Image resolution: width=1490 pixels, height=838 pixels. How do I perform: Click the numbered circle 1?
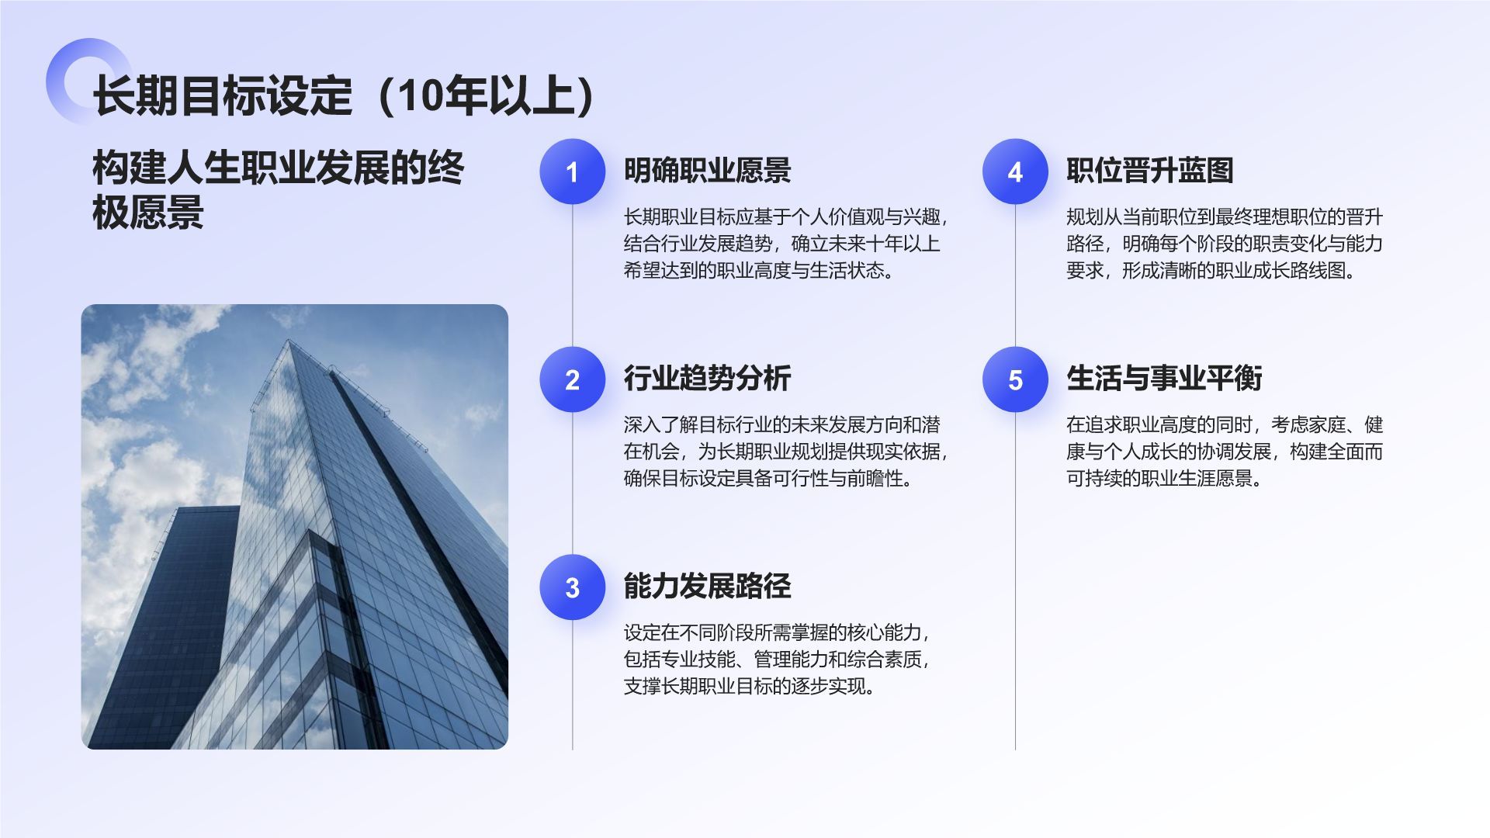point(572,171)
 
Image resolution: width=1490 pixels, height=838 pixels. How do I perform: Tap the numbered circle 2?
point(572,379)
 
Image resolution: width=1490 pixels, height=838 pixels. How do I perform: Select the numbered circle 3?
point(572,587)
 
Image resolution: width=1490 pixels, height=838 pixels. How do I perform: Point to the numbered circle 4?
point(1015,171)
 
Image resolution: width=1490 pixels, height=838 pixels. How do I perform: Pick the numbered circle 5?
point(1015,379)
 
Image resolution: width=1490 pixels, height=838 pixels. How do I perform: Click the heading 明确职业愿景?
point(707,171)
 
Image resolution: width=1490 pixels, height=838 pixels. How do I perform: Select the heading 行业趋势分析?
point(707,379)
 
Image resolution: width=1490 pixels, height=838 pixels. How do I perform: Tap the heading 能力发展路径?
point(707,587)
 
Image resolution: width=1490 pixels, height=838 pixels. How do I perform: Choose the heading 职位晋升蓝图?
point(1149,171)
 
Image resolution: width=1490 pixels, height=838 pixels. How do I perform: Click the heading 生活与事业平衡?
point(1164,379)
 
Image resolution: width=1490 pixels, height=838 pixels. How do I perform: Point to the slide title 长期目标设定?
point(223,96)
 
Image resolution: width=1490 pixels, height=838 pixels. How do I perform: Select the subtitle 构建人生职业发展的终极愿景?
point(278,189)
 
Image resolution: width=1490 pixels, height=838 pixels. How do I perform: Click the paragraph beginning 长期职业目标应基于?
point(785,244)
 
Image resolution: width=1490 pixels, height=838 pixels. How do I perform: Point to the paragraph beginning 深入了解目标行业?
point(785,452)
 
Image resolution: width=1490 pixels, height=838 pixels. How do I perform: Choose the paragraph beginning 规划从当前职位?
point(1224,244)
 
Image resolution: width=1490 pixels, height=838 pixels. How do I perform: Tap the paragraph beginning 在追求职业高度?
point(1224,452)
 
